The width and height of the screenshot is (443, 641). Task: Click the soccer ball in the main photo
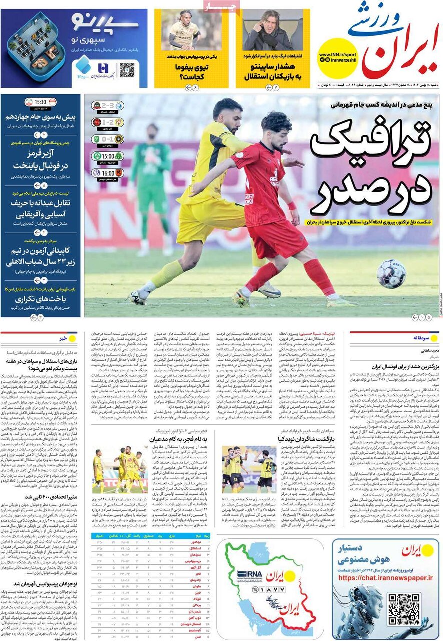(x=391, y=274)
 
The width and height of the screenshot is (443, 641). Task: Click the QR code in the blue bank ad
(x=127, y=70)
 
